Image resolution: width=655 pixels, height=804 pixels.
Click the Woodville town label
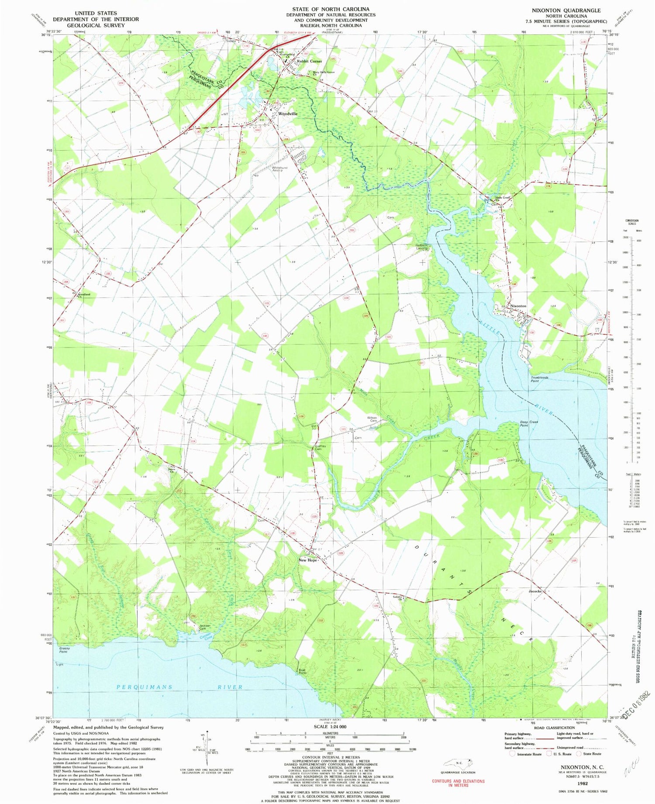[288, 113]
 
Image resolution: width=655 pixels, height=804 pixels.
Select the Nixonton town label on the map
[518, 306]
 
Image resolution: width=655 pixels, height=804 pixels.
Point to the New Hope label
[307, 560]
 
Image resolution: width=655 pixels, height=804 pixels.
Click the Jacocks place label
[535, 591]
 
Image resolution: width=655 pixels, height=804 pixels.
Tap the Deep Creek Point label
[530, 423]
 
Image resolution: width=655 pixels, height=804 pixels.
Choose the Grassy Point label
[64, 650]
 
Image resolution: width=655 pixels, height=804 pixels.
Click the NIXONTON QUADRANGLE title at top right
[566, 10]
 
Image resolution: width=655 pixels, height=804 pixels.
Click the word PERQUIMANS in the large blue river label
[145, 687]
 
